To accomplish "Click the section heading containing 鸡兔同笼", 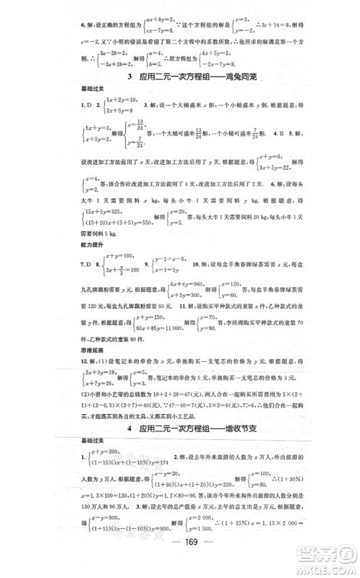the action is pos(181,77).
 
